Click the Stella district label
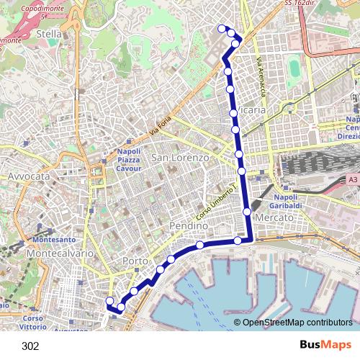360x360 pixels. (x=48, y=33)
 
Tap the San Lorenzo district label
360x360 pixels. (x=180, y=157)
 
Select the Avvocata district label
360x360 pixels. (x=28, y=176)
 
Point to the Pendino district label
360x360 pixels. (x=188, y=226)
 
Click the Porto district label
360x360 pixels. (x=135, y=261)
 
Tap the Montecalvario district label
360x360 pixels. (x=55, y=254)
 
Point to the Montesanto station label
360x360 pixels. (x=54, y=240)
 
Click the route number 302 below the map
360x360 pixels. (x=30, y=346)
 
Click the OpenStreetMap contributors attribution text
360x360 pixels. (x=297, y=323)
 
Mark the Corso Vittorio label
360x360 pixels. (x=33, y=322)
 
